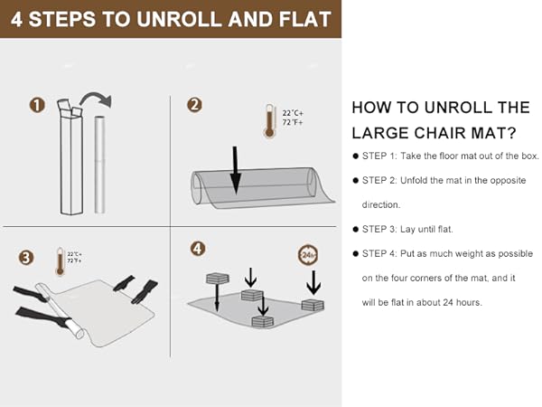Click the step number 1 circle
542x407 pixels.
(38, 106)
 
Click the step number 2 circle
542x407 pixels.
(194, 106)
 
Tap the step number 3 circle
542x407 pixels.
(26, 258)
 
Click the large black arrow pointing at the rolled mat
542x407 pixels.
(235, 168)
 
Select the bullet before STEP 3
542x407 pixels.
(356, 230)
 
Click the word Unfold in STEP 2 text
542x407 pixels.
(426, 181)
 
